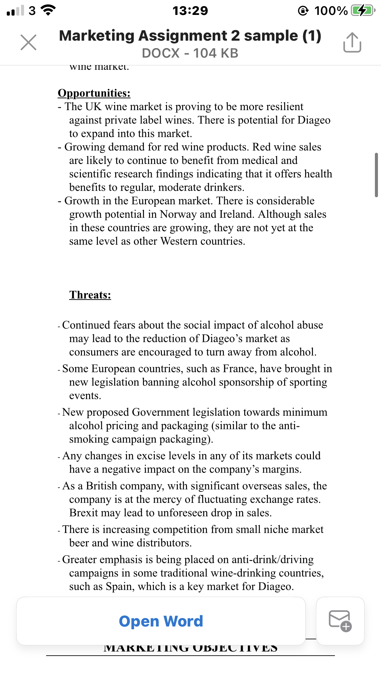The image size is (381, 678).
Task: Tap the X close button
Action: tap(28, 42)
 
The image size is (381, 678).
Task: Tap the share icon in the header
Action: tap(352, 42)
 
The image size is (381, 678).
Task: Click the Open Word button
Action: tap(161, 621)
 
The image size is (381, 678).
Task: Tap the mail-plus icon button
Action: tap(340, 621)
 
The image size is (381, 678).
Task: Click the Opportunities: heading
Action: tap(94, 93)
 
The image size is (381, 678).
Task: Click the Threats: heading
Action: tap(90, 295)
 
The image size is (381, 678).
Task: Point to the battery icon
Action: tap(363, 11)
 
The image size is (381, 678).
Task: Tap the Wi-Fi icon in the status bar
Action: tap(49, 11)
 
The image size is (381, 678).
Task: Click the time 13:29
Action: tap(190, 11)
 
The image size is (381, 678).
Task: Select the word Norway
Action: tap(178, 214)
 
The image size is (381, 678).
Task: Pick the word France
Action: tap(238, 369)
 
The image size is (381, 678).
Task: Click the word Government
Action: tap(161, 412)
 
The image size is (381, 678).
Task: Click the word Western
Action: tap(179, 241)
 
